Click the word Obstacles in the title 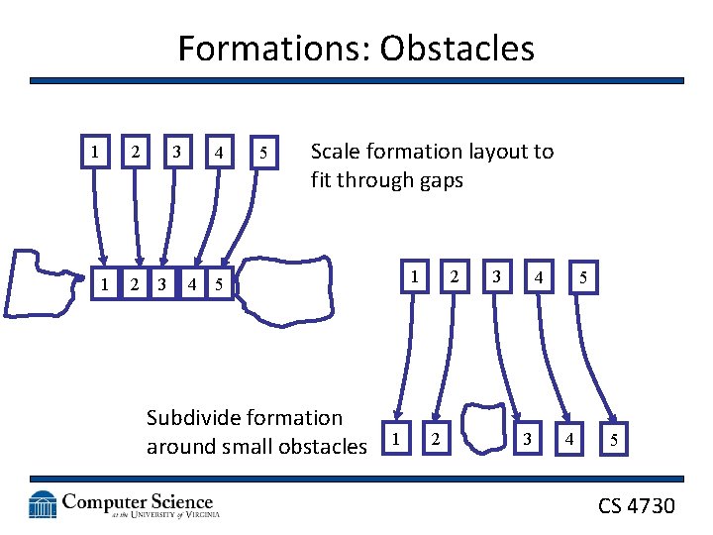coord(459,48)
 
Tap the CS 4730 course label coord(636,506)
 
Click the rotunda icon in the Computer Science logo coord(44,505)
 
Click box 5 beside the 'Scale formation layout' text coord(262,153)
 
